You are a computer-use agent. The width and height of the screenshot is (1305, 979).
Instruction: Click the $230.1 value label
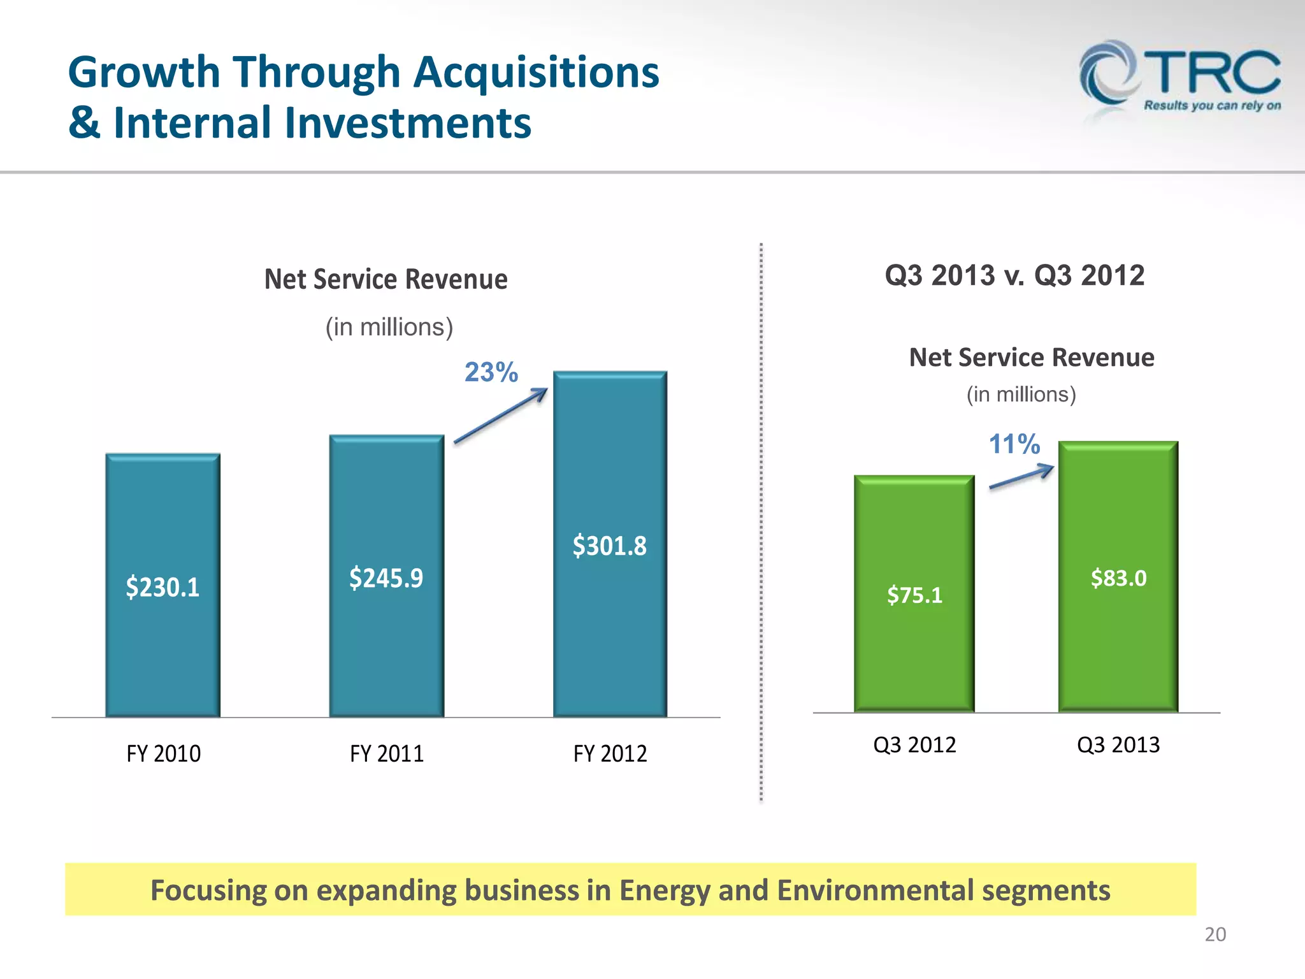pos(162,587)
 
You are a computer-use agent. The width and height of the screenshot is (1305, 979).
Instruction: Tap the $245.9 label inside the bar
pos(386,578)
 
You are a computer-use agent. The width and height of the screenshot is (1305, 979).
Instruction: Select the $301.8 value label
pos(610,546)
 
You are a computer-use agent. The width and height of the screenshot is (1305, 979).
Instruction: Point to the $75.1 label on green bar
pos(914,595)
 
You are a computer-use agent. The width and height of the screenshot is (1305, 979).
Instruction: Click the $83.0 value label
pos(1118,578)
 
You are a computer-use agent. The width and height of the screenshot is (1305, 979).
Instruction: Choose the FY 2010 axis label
pos(164,754)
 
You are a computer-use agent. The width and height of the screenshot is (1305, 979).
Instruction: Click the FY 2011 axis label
pos(387,754)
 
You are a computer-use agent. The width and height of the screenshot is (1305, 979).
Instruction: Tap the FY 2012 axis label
pos(610,754)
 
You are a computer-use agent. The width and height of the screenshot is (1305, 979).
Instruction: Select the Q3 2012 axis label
pos(914,744)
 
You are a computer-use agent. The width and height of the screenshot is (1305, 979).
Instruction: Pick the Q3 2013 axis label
pos(1118,744)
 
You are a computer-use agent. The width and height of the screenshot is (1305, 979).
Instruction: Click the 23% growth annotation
pos(491,372)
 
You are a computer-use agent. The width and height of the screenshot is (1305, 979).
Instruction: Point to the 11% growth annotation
pos(1014,444)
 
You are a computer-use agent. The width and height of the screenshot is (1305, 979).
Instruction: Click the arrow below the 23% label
pos(501,416)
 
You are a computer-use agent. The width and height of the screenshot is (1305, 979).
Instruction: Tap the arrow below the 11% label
pos(1021,477)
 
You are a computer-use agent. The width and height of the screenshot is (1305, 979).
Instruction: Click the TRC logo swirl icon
pos(1107,75)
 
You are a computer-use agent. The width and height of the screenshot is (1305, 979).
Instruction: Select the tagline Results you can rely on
pos(1212,106)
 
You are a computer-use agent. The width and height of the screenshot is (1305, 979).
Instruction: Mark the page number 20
pos(1215,934)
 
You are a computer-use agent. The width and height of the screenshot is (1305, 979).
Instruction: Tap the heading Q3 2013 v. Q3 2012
pos(1014,276)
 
